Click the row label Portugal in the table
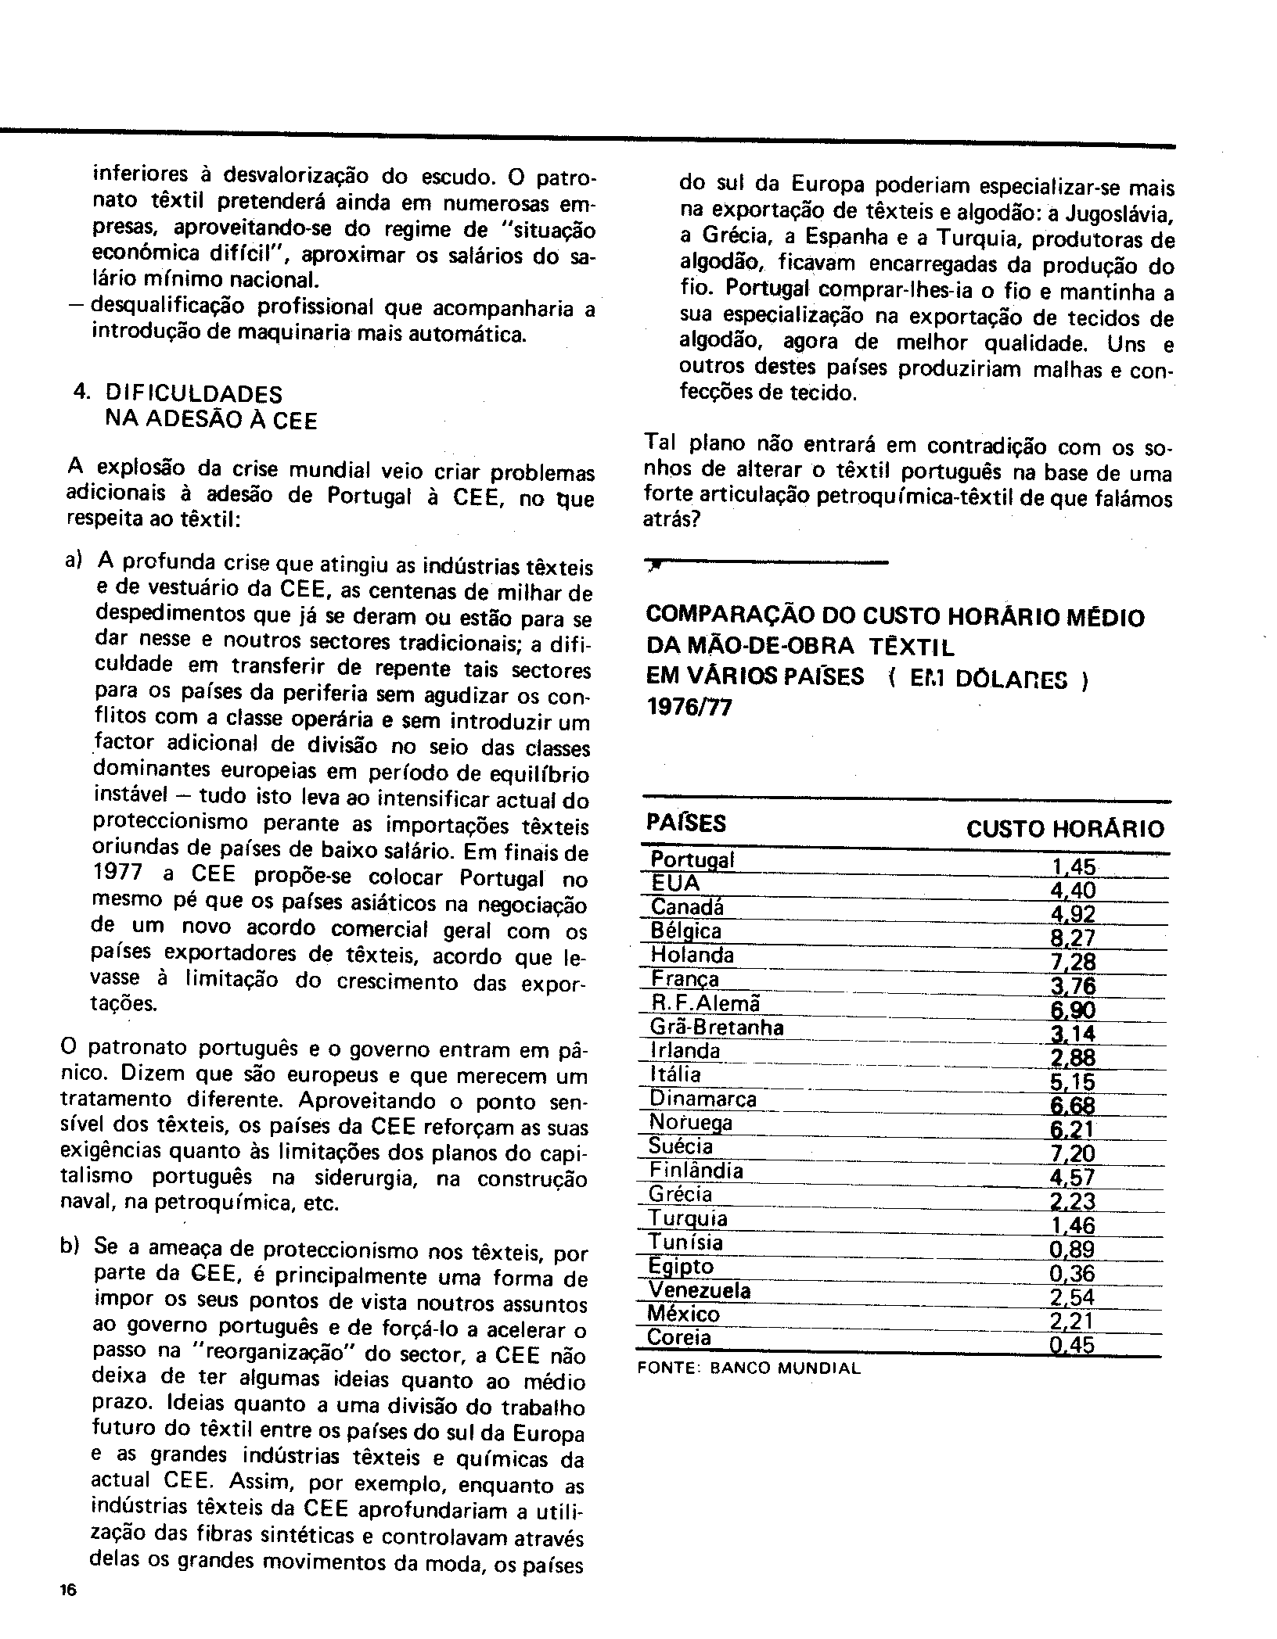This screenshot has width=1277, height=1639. [692, 860]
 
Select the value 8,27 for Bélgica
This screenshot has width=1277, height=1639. [1073, 938]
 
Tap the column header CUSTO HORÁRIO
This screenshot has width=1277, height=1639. [1065, 829]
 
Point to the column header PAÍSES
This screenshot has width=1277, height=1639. [685, 823]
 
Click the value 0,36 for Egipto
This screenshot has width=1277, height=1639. [1072, 1273]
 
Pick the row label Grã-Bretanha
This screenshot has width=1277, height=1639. [717, 1028]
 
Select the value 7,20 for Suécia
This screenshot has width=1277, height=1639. [1072, 1153]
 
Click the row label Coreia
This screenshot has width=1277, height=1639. [680, 1338]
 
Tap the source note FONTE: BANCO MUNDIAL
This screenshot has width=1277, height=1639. [749, 1368]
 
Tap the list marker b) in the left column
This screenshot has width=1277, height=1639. [70, 1246]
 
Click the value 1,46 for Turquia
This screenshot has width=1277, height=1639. [1072, 1225]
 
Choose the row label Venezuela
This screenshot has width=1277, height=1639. [700, 1290]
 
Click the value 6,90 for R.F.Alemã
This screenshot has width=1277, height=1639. [1073, 1010]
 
